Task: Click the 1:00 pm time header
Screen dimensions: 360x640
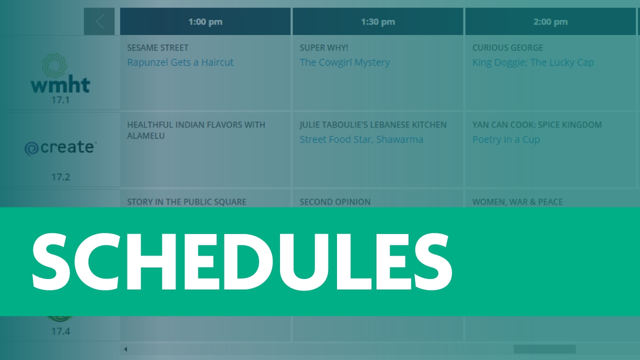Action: tap(205, 22)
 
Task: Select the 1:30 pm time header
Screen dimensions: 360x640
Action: tap(377, 22)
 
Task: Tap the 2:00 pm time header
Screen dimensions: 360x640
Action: tap(550, 22)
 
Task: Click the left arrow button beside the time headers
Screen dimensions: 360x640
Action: tap(99, 22)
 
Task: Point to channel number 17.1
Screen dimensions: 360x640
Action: tap(60, 100)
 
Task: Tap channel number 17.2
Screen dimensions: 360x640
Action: tap(60, 177)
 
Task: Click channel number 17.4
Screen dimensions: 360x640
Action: tap(60, 331)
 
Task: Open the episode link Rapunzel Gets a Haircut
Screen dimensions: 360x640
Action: tap(180, 62)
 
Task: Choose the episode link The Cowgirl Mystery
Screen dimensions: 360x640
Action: tap(344, 62)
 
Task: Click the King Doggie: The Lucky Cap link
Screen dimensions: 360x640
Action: tap(533, 62)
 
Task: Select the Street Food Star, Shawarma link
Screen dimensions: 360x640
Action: tap(361, 139)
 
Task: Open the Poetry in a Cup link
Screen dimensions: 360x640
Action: tap(506, 139)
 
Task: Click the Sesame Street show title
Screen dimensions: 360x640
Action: tap(157, 48)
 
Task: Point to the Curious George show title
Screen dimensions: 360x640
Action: tap(507, 48)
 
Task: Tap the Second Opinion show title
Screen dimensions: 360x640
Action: tap(335, 202)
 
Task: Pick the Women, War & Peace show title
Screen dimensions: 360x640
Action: tap(517, 202)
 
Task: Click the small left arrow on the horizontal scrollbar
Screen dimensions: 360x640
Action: tap(125, 349)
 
